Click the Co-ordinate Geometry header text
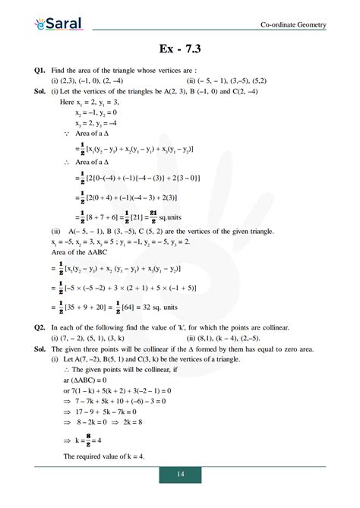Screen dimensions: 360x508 (293, 25)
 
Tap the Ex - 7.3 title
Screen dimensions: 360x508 (180, 51)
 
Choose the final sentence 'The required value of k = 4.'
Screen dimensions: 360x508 (103, 456)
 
